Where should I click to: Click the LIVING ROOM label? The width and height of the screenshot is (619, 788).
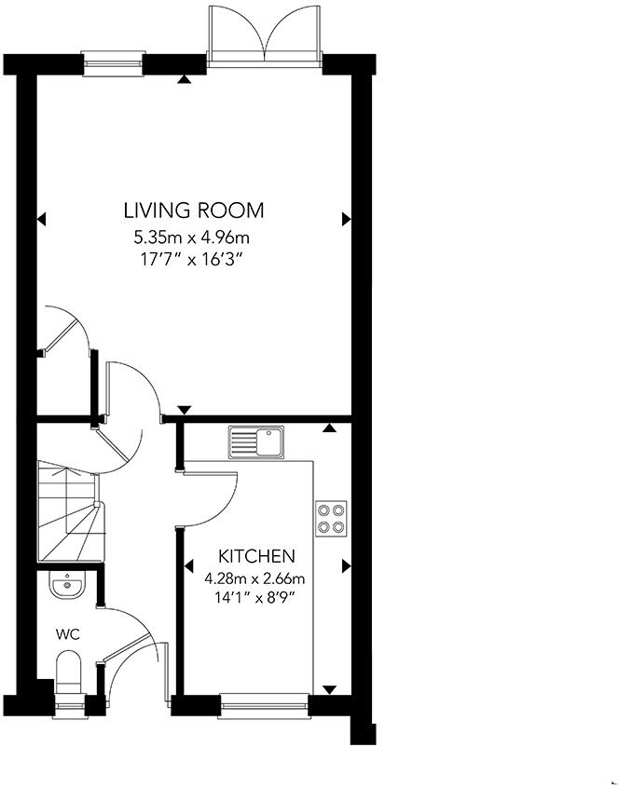tap(195, 210)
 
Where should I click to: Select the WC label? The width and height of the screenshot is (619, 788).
tap(67, 634)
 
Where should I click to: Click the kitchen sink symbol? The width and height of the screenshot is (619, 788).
tap(256, 442)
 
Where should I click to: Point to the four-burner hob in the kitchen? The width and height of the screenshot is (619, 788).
tap(331, 518)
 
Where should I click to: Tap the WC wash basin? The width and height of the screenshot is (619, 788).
tap(66, 587)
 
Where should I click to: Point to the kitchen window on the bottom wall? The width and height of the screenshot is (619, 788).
tap(264, 705)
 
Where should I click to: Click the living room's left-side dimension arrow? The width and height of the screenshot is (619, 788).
tap(41, 220)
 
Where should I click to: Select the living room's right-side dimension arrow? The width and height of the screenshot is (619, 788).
tap(346, 219)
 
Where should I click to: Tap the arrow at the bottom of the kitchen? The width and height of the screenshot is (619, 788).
tap(329, 689)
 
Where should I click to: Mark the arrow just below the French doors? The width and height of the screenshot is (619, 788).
tap(185, 79)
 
